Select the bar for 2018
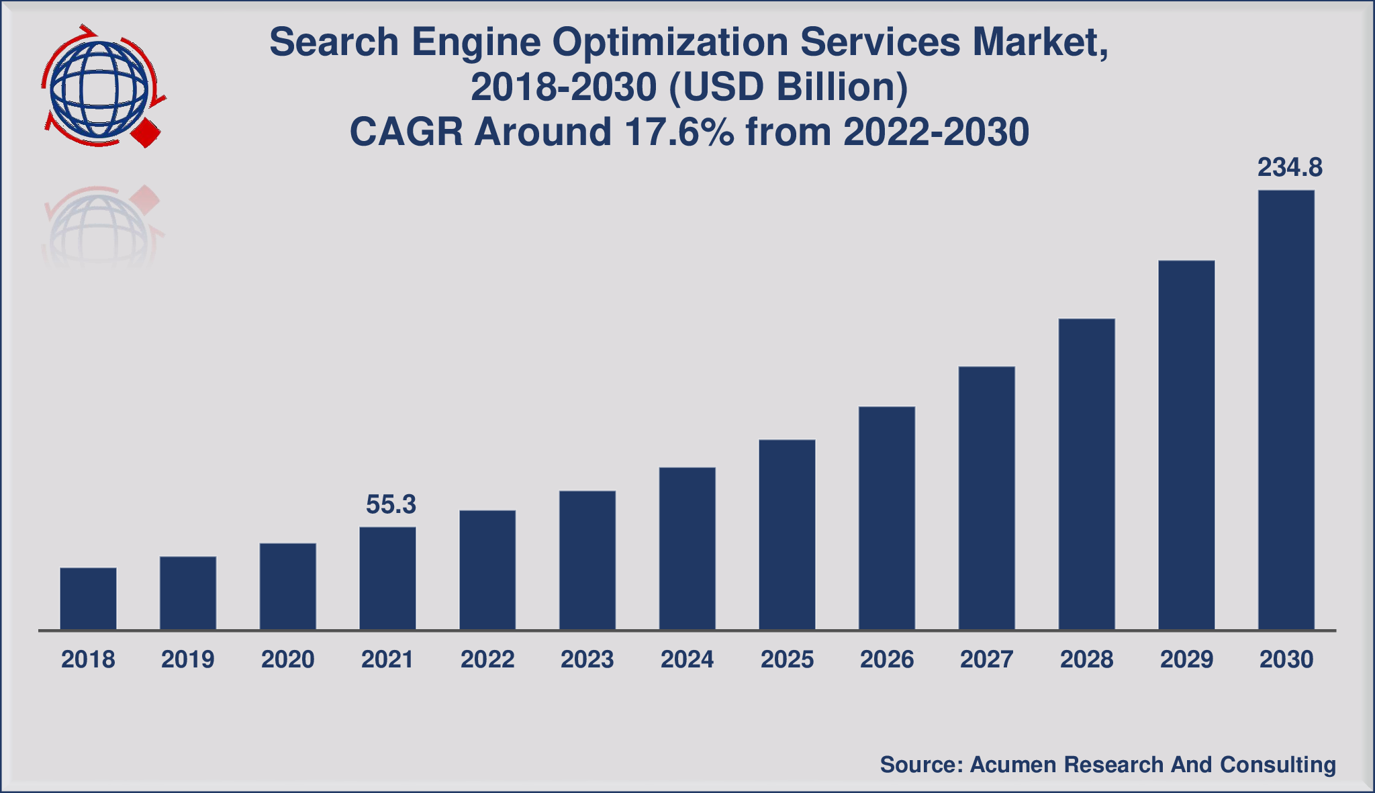coord(88,598)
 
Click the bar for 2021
coord(387,578)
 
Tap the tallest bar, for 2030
coord(1286,410)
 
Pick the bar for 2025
coord(787,534)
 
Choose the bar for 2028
coord(1086,474)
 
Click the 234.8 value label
coord(1290,167)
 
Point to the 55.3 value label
coord(391,504)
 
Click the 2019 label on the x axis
coord(188,659)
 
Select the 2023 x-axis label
coord(587,659)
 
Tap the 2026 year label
coord(887,659)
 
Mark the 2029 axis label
coord(1186,659)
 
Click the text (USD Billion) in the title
coord(788,87)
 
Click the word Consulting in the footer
coord(1278,765)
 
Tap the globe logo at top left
coord(99,86)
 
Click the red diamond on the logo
coord(146,133)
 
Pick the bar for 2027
coord(986,498)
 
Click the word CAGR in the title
coord(407,132)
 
